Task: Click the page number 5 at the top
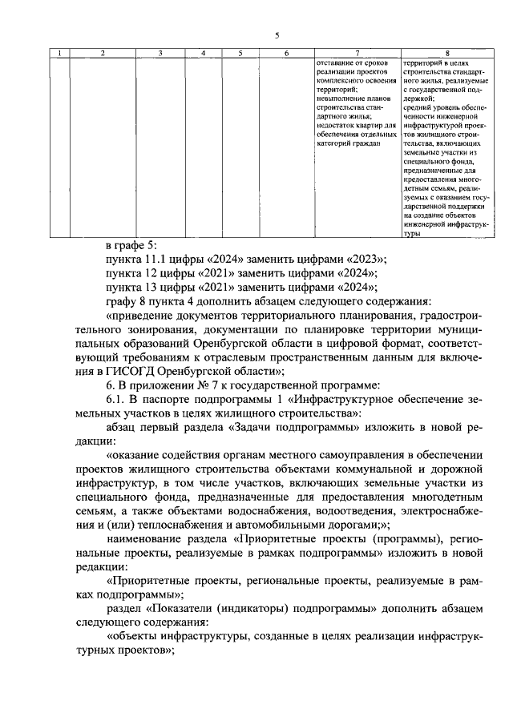click(x=276, y=35)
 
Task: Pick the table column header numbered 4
click(x=204, y=53)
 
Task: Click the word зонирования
click(x=135, y=330)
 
